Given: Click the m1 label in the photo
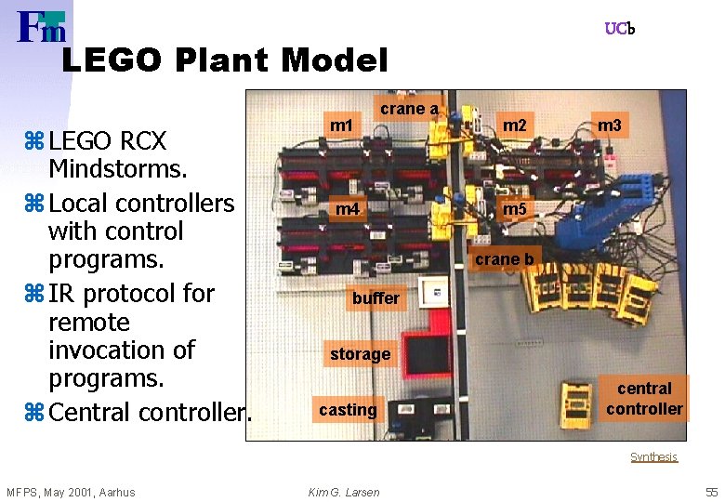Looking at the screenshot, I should (x=343, y=125).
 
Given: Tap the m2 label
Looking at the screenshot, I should (x=515, y=125).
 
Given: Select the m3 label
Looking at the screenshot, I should (x=611, y=125).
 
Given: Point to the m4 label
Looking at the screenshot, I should (x=348, y=209).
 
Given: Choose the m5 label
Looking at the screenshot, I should (x=515, y=208).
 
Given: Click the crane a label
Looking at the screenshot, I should (x=408, y=109).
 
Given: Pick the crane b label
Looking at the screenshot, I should (x=504, y=258).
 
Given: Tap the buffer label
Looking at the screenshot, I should (x=376, y=298).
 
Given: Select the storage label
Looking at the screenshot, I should (x=360, y=354).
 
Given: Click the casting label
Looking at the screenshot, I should (x=348, y=410).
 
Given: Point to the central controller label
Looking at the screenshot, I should (x=644, y=399).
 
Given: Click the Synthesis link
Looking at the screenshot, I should (x=654, y=457).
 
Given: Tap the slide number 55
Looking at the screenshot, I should (x=712, y=492).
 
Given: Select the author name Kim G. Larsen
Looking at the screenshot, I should (x=344, y=492).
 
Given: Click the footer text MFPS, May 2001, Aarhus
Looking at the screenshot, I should (x=71, y=492).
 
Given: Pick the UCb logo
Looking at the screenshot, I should (x=620, y=29).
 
